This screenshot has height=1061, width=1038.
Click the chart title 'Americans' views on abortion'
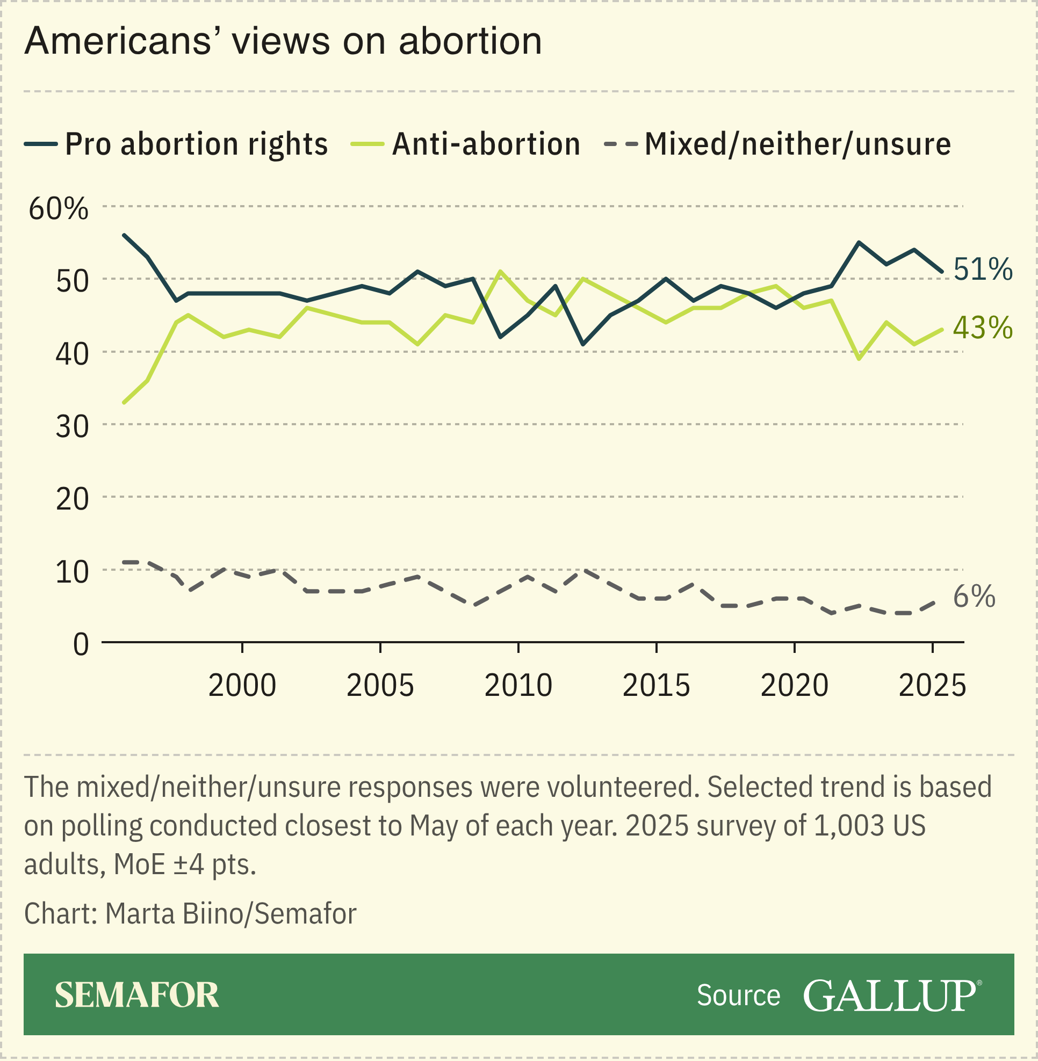pos(283,41)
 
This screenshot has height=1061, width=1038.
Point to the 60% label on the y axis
pos(59,209)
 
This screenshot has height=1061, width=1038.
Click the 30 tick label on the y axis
pos(72,427)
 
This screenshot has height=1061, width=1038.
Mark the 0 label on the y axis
pos(81,645)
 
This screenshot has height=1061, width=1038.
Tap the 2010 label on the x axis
pos(518,686)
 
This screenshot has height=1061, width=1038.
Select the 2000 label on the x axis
pos(242,686)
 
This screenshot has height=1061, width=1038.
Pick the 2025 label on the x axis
pos(932,686)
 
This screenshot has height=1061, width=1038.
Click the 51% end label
pos(982,270)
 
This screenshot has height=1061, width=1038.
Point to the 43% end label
pos(982,328)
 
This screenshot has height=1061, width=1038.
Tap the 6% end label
pos(974,597)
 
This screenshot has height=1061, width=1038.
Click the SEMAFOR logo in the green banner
pos(137,995)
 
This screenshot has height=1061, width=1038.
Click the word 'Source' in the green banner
pos(738,995)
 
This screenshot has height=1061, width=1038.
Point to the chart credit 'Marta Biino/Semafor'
pos(230,914)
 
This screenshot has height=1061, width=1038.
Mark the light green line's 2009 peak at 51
pos(501,271)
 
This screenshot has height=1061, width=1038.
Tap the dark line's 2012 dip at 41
pos(583,344)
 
